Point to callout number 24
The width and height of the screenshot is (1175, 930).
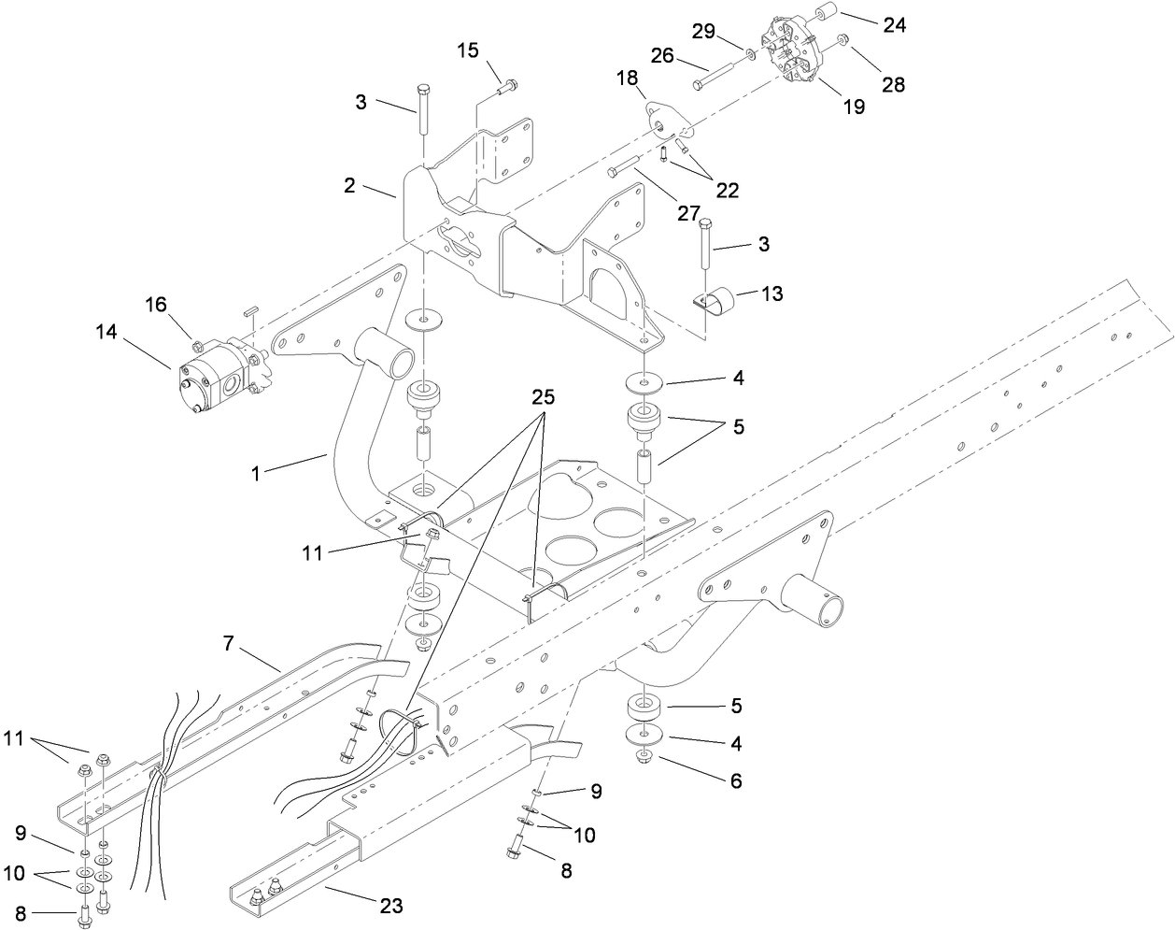coord(894,25)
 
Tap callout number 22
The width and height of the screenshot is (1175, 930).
coord(727,190)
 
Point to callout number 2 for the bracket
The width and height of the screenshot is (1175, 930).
coord(349,185)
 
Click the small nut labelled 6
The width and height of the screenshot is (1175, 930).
coord(644,755)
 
